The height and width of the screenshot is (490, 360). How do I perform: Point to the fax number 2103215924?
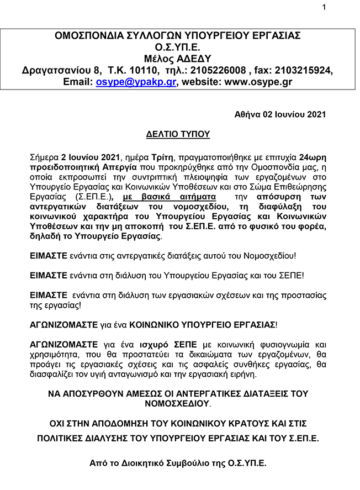(306, 70)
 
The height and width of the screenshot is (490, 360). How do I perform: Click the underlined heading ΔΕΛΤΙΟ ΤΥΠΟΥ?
(178, 134)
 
